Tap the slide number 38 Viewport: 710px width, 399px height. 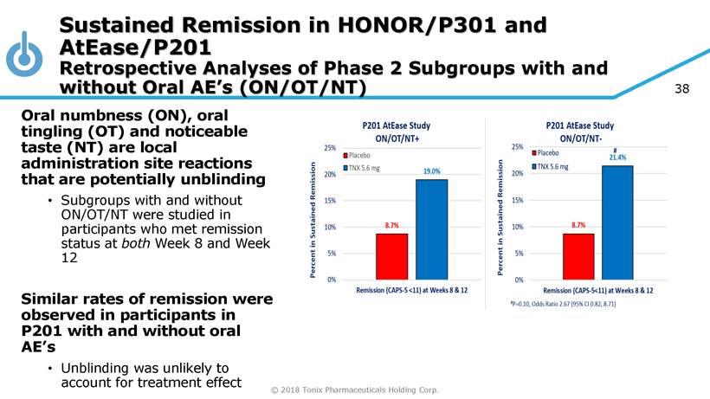tap(682, 88)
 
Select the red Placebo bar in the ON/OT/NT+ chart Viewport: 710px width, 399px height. tap(391, 256)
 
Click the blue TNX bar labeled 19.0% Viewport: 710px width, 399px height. tap(431, 229)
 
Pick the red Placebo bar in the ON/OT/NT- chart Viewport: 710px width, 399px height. tap(578, 256)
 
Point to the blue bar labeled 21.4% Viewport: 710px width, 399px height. tap(617, 222)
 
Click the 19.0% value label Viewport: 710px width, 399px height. tap(431, 171)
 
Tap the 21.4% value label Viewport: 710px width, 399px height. tap(617, 158)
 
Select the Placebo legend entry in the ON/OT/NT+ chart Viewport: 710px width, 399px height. tap(357, 156)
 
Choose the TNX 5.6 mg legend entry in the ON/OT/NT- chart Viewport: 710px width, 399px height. tap(550, 166)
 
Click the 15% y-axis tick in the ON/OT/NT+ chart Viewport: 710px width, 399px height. tap(330, 201)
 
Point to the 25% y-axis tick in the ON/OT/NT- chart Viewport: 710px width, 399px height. tap(518, 146)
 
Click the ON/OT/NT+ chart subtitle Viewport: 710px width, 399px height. tap(397, 138)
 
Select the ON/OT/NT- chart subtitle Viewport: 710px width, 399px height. tap(580, 138)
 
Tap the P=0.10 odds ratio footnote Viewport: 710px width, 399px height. tap(563, 304)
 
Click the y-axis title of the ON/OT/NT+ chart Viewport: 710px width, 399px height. tap(313, 220)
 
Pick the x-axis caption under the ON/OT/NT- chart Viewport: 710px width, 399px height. tap(598, 291)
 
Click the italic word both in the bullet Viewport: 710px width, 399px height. tap(136, 243)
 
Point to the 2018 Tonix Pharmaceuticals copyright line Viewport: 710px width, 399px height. tap(354, 390)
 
